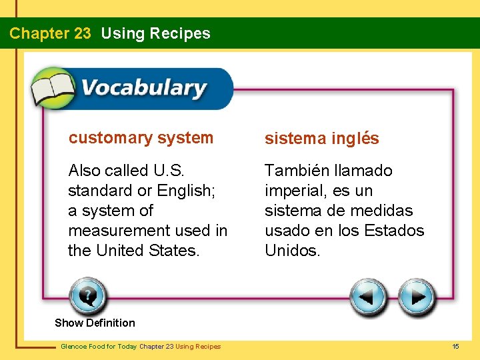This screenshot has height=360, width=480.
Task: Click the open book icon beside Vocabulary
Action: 53,88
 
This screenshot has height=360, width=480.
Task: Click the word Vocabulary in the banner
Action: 143,88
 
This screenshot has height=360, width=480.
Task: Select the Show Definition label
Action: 95,323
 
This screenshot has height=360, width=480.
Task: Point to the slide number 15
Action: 456,347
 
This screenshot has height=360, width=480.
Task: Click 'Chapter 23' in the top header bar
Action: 50,33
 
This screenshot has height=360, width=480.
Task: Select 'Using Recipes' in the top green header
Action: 155,33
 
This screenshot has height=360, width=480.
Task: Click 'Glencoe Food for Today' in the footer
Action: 99,347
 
